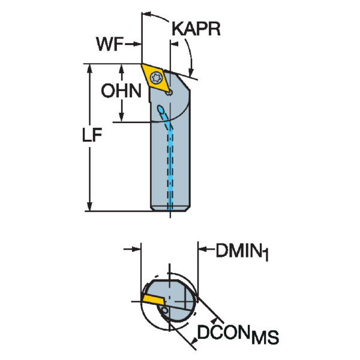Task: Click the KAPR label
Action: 195,28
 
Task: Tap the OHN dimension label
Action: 120,91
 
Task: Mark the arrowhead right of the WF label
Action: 137,43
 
